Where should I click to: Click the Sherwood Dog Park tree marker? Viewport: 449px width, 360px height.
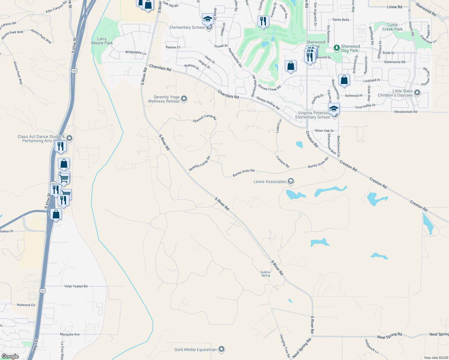coord(337,48)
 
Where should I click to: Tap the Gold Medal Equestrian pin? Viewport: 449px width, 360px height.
coord(221,349)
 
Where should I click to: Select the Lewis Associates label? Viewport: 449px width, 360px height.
coord(270,181)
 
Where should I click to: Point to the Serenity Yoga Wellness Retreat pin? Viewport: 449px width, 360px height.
coord(184,98)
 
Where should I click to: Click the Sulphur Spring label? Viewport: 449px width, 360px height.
coord(266,274)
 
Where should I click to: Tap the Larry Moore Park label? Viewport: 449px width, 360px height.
coord(102,41)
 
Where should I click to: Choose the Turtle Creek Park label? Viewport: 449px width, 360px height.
coord(392,27)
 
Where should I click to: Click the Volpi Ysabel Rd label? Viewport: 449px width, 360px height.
coord(76,286)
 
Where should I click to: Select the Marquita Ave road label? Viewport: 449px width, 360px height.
coord(70,334)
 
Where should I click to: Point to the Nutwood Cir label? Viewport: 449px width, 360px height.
coord(26,305)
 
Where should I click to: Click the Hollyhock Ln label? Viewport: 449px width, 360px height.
coord(372,346)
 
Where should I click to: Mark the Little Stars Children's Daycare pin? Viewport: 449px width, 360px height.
coord(417,93)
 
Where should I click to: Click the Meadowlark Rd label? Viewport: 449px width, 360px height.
coord(405,112)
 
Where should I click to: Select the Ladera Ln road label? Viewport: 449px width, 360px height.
coord(279,126)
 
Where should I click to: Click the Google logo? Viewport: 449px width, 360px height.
coord(10,356)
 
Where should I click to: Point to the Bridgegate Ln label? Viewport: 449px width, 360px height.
coord(136,52)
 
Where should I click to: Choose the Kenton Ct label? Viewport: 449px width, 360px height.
coord(173,47)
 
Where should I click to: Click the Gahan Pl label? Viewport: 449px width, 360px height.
coord(7,231)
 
